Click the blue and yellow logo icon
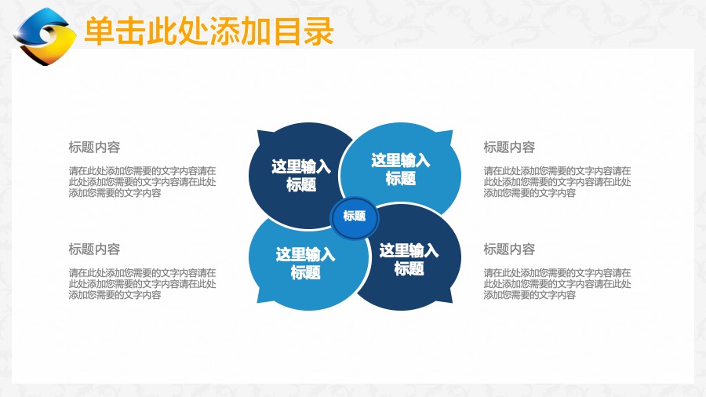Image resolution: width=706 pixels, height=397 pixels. [44, 36]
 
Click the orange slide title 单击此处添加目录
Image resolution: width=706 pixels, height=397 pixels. [209, 31]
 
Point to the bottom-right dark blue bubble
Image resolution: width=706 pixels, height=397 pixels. [410, 259]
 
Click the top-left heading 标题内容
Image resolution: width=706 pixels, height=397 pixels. [94, 147]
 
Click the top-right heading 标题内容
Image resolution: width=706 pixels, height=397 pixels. [509, 147]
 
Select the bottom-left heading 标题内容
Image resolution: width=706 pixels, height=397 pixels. [94, 249]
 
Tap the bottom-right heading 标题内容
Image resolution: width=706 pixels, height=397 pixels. [509, 249]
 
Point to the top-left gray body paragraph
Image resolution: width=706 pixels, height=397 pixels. [142, 182]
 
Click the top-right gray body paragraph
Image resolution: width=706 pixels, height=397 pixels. [558, 182]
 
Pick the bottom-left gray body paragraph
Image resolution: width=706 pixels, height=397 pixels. [142, 284]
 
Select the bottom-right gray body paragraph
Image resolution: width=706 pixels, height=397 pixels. [558, 284]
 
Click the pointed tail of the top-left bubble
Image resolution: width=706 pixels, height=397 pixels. [258, 131]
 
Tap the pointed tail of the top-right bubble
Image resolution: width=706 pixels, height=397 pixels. [452, 131]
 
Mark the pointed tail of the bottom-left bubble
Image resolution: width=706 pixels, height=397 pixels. [258, 302]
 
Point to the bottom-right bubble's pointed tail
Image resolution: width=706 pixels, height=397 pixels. [452, 302]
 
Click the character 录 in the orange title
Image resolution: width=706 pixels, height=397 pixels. [318, 31]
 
